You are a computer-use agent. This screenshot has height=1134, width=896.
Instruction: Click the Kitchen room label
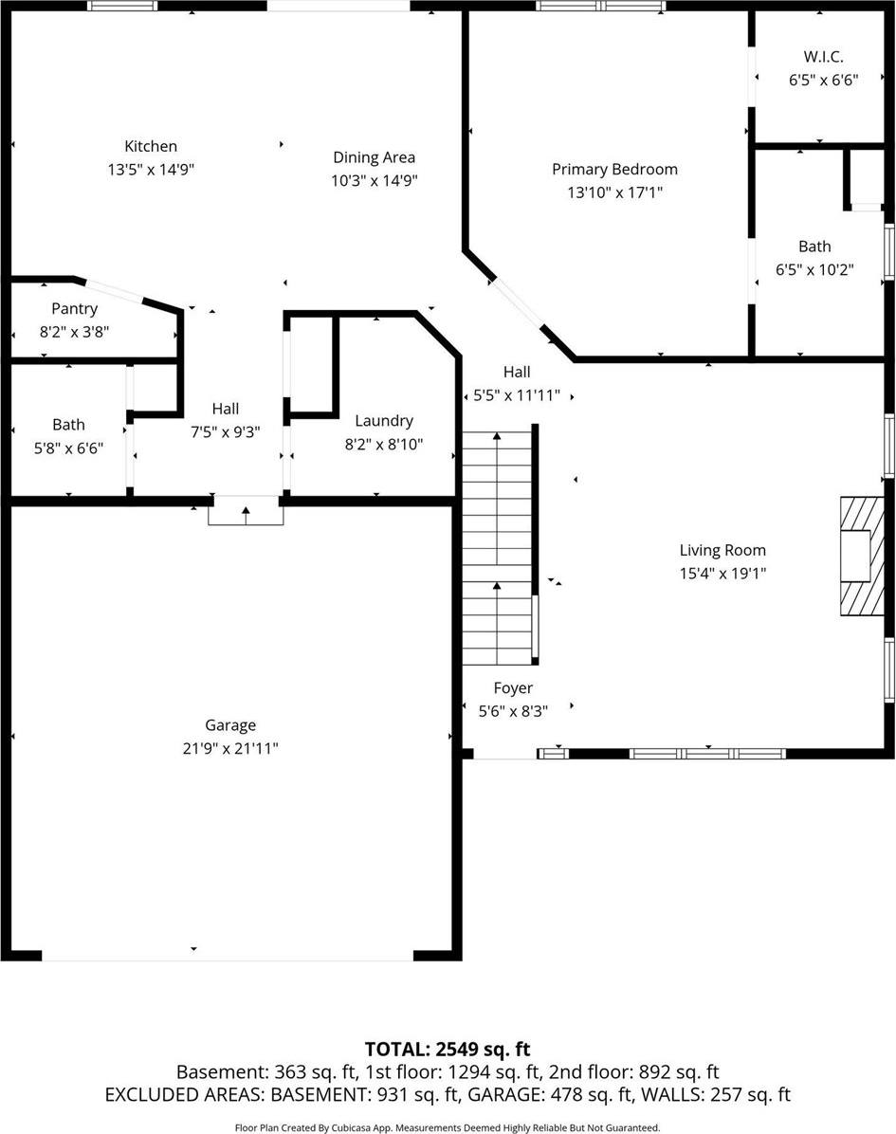[151, 146]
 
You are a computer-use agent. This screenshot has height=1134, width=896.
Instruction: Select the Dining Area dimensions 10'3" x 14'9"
[374, 180]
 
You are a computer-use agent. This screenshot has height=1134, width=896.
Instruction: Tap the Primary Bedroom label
[614, 170]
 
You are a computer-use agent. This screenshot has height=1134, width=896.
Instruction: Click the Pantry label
[74, 309]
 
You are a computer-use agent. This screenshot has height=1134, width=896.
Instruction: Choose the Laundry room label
[383, 421]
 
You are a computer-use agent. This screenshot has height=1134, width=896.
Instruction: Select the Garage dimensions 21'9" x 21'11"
[230, 748]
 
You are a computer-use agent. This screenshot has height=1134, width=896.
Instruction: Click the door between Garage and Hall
[246, 511]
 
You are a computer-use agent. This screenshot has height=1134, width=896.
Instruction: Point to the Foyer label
[513, 688]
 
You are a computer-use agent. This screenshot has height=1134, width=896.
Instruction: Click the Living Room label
[722, 550]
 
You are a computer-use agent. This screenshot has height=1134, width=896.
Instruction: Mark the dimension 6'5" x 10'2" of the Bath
[814, 269]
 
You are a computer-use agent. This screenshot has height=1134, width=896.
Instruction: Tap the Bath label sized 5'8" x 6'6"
[68, 425]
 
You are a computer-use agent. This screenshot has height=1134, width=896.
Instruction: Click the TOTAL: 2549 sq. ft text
[448, 1049]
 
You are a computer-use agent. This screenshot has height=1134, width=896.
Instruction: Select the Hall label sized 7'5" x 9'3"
[226, 409]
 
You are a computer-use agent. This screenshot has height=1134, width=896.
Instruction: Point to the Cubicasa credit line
[448, 1127]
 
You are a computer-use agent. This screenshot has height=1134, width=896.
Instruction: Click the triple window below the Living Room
[707, 754]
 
